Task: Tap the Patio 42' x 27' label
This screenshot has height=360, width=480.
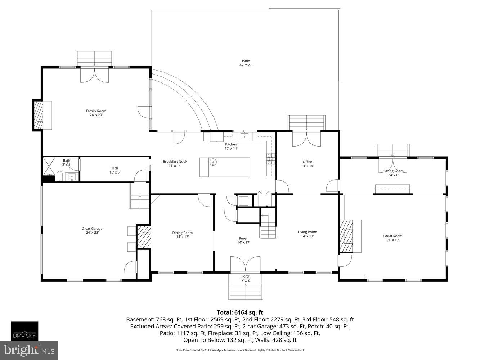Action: pos(246,63)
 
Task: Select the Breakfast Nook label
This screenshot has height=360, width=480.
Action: pos(175,163)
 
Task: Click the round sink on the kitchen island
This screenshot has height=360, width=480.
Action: pos(214,162)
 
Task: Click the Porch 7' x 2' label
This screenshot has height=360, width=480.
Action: pos(246,278)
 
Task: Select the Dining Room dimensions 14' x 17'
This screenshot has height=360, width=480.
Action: pos(183,237)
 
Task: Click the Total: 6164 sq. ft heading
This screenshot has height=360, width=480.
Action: pos(239,312)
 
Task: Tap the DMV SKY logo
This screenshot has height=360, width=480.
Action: pos(24,331)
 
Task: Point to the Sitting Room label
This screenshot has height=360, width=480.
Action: pos(393,173)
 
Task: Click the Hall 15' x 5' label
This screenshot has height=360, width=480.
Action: pos(115,170)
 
